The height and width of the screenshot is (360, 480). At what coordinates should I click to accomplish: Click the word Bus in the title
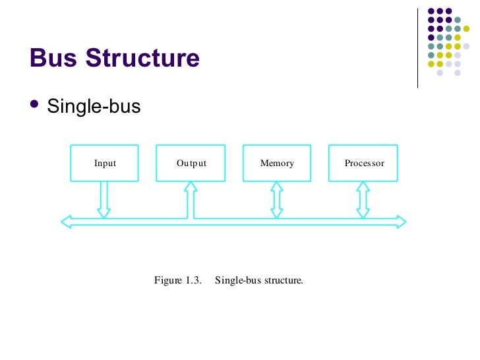tap(54, 59)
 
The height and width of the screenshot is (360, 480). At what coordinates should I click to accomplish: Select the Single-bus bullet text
tap(94, 106)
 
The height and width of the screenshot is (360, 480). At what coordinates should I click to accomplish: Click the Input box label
tap(105, 163)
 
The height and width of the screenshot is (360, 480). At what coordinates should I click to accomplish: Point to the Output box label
tap(191, 163)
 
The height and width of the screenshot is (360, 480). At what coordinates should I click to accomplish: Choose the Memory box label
tap(277, 163)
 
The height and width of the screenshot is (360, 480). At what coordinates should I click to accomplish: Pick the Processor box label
tap(364, 163)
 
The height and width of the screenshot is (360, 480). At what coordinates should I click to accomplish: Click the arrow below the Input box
tap(104, 198)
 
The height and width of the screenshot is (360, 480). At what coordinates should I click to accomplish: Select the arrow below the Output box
tap(191, 198)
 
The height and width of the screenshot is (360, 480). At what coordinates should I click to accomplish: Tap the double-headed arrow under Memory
tap(277, 200)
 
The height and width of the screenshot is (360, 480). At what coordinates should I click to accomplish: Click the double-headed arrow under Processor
tap(363, 200)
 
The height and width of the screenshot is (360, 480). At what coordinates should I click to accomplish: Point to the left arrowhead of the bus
tap(65, 222)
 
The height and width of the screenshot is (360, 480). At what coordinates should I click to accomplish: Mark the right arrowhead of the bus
tap(402, 222)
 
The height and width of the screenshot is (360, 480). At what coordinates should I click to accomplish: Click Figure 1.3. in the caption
tap(177, 280)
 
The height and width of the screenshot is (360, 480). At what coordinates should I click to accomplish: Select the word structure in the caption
tap(284, 280)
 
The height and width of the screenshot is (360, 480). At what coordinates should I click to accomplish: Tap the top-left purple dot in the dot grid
tap(432, 11)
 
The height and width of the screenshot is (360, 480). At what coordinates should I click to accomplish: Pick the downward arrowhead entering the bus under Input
tap(104, 213)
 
